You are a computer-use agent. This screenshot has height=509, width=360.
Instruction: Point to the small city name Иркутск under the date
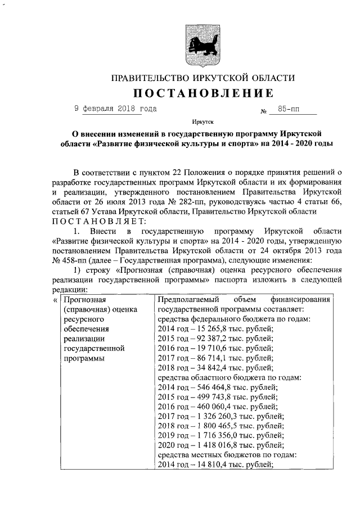click(x=202, y=121)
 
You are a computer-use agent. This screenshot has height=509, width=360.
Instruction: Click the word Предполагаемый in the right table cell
click(x=188, y=300)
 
